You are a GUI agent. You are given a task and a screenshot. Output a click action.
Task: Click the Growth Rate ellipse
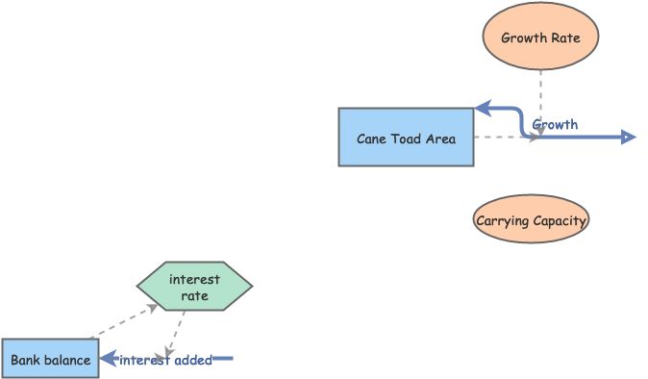click(541, 38)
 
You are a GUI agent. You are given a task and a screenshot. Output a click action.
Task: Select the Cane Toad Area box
click(406, 138)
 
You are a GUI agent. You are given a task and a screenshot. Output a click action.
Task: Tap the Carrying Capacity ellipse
click(531, 220)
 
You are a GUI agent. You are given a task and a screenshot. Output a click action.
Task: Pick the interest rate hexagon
click(194, 287)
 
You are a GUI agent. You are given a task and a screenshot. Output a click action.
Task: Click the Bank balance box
click(50, 360)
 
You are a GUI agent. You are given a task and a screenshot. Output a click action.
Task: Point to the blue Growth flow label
click(555, 124)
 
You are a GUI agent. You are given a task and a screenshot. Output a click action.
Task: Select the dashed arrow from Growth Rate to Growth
click(541, 101)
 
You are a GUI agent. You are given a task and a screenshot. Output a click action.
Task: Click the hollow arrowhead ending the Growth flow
click(628, 138)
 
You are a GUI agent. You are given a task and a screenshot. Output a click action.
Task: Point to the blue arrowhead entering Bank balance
click(109, 360)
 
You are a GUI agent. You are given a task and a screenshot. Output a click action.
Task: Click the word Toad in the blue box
click(406, 138)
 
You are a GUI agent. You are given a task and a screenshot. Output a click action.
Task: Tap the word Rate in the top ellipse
click(564, 38)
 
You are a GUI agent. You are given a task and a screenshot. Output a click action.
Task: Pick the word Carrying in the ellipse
click(503, 220)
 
